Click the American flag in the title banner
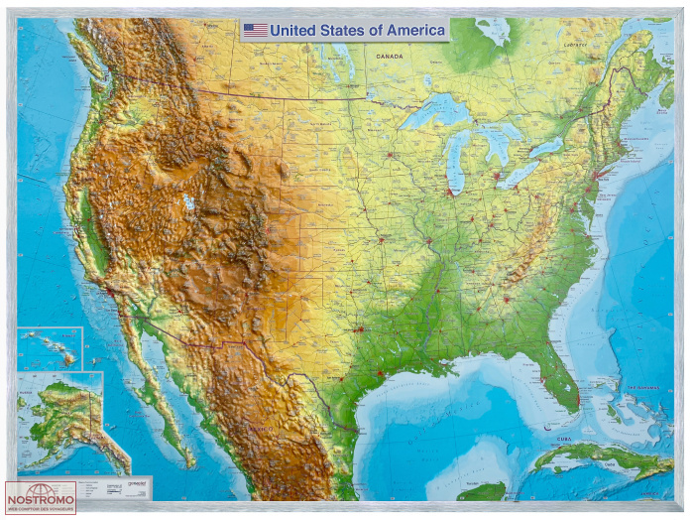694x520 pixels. click(256, 30)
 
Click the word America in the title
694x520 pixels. click(414, 30)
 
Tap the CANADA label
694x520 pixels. click(390, 57)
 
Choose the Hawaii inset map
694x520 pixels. click(50, 348)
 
